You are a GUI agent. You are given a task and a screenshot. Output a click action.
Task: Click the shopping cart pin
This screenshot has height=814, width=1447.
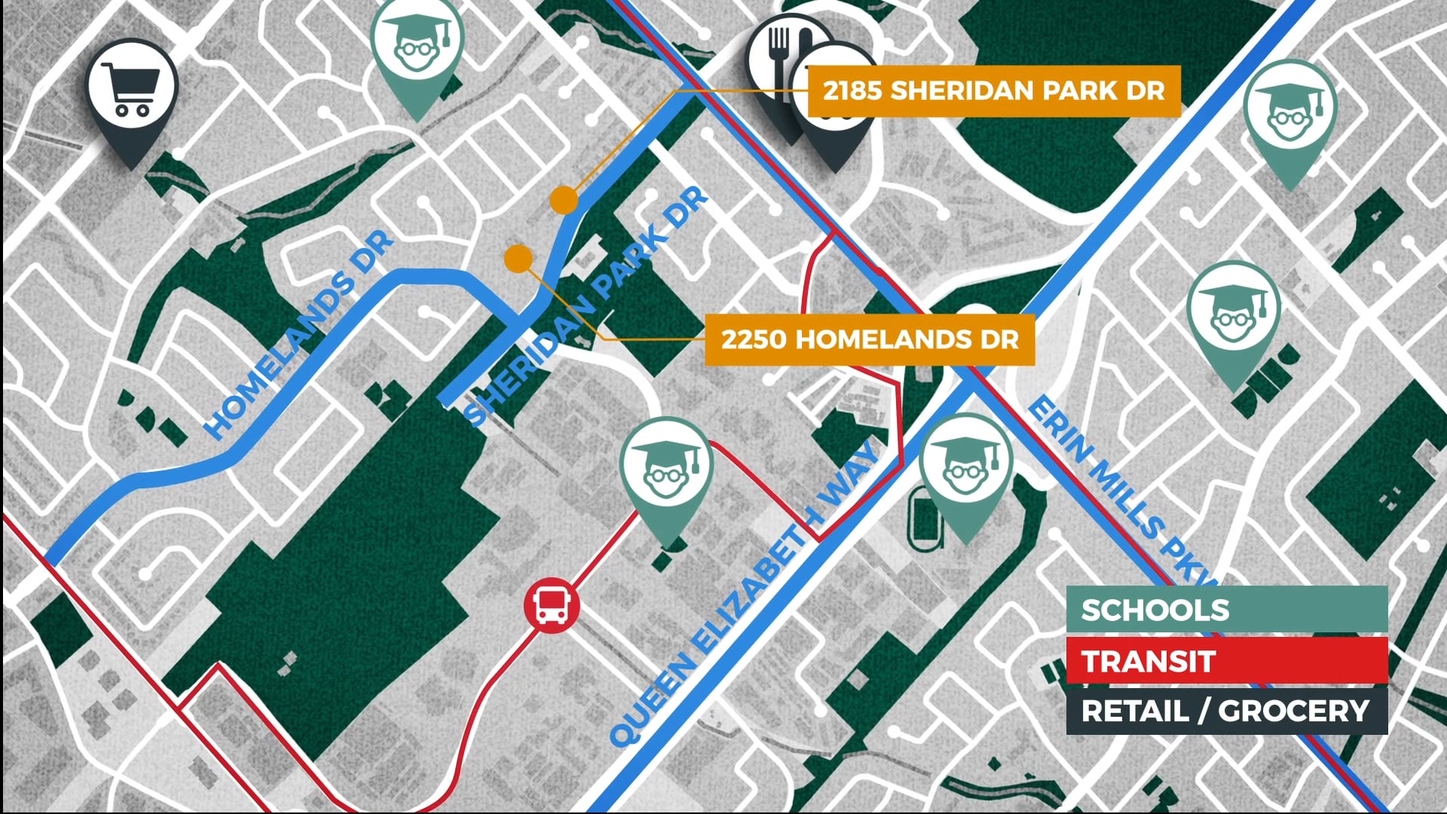tap(132, 90)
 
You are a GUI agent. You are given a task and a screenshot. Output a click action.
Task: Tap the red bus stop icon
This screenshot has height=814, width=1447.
tap(552, 605)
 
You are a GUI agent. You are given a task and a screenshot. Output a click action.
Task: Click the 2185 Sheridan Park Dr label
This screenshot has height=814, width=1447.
tap(993, 90)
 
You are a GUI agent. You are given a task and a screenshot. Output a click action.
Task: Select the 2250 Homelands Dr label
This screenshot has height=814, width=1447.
tap(869, 339)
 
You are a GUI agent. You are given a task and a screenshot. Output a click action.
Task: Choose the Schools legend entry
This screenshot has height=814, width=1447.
tap(1226, 609)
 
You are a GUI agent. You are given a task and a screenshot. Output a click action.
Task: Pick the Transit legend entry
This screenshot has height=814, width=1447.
tap(1226, 661)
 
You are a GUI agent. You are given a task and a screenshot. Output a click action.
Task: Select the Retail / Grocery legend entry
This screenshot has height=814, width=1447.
tap(1226, 711)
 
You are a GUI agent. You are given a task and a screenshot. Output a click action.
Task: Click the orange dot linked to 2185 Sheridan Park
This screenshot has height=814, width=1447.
tap(564, 200)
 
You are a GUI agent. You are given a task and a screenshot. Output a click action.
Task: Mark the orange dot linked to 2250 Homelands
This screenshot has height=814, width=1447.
tap(519, 259)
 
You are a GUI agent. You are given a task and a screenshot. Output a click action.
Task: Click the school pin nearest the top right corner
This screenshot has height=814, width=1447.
tap(1289, 113)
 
